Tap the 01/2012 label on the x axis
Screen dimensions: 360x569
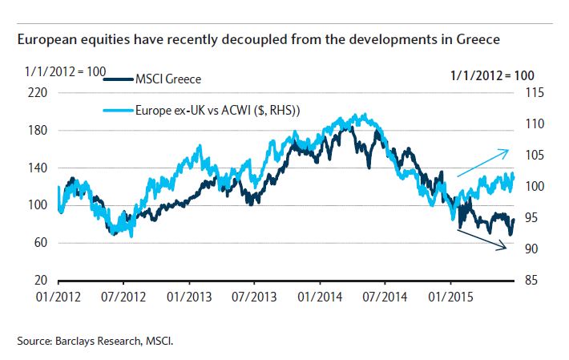click(58, 295)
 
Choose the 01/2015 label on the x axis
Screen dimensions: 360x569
click(450, 295)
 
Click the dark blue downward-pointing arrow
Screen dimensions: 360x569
click(482, 240)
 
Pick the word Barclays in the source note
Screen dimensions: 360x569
click(75, 342)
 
